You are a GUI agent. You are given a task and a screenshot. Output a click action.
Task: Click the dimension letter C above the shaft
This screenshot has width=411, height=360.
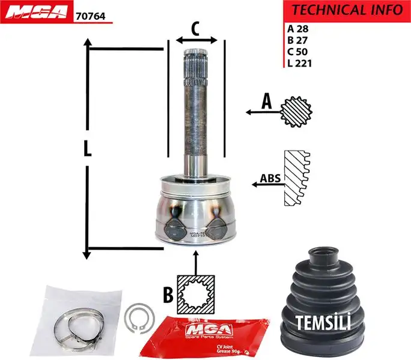[195, 28]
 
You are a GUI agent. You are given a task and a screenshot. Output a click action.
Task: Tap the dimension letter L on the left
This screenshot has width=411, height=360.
[88, 148]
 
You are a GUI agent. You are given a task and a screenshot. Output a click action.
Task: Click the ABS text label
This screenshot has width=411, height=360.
[270, 178]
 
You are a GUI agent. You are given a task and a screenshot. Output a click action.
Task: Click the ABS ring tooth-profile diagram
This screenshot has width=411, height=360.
[297, 178]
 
